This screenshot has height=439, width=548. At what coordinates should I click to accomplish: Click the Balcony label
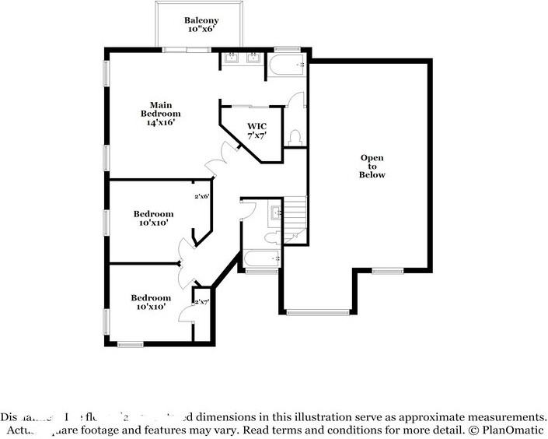(201, 20)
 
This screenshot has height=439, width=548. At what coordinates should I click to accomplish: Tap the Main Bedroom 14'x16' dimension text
(161, 122)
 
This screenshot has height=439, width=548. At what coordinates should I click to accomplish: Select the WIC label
(257, 125)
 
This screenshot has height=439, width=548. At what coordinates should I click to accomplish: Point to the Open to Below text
(372, 167)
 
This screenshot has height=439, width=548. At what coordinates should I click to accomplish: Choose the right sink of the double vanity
(253, 58)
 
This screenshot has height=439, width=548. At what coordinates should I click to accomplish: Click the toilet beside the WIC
(295, 137)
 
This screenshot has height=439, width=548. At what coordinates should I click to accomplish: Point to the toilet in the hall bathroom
(271, 237)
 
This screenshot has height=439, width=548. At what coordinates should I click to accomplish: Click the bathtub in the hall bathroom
(262, 258)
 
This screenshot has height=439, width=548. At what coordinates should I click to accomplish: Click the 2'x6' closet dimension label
(202, 196)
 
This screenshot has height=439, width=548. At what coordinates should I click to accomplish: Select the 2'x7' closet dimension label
(201, 301)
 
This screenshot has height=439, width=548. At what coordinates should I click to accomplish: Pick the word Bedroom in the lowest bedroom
(150, 297)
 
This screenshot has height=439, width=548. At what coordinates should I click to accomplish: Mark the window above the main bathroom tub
(287, 49)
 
